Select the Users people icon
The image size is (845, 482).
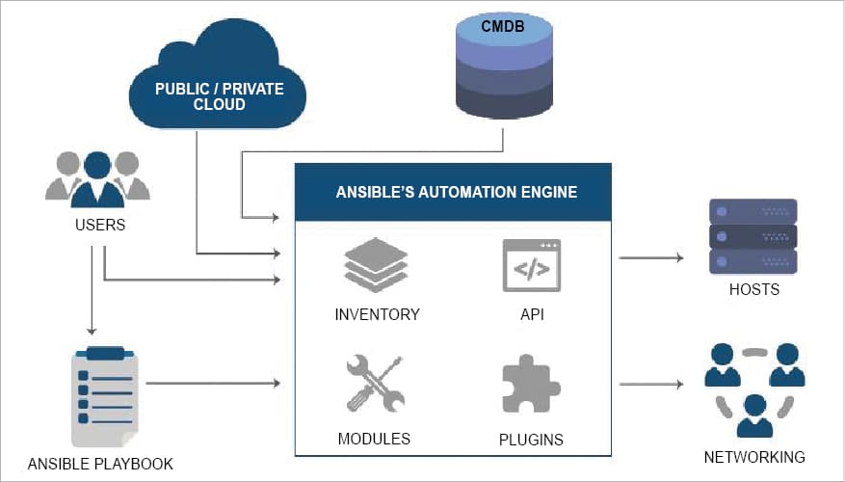97,177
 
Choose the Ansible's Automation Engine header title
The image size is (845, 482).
456,192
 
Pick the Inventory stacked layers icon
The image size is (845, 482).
377,265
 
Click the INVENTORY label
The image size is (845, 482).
377,314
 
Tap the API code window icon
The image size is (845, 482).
531,265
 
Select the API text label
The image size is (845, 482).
530,314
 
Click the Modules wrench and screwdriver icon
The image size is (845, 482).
374,384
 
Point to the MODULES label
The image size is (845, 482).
374,439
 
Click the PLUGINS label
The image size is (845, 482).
531,440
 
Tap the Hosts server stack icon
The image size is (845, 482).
753,236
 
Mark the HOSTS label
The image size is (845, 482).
753,289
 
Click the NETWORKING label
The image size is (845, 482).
754,456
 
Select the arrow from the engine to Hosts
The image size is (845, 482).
650,258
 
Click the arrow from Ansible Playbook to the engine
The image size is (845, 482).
213,384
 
